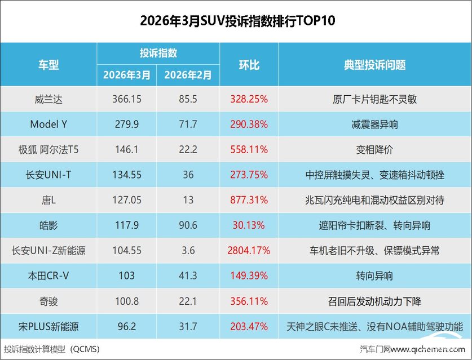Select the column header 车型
point(48,65)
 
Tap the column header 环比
point(249,65)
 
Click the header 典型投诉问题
point(374,65)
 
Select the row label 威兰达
point(48,99)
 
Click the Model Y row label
point(48,125)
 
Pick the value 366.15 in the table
point(127,99)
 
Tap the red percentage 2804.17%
point(249,250)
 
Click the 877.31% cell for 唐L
point(249,200)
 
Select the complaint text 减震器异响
point(374,125)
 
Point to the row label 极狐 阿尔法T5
point(48,150)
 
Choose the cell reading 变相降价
point(374,150)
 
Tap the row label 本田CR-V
point(48,275)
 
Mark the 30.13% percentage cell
point(249,225)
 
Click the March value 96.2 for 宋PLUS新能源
point(127,326)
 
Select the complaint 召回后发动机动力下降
point(374,301)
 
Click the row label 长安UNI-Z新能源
point(48,250)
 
